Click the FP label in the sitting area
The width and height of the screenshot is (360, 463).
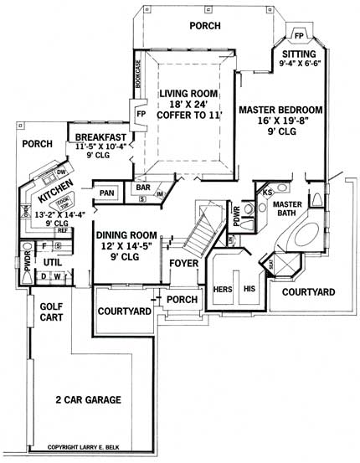(x=299, y=36)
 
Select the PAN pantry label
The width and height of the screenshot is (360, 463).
(x=106, y=193)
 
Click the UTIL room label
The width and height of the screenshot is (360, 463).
(x=54, y=262)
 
